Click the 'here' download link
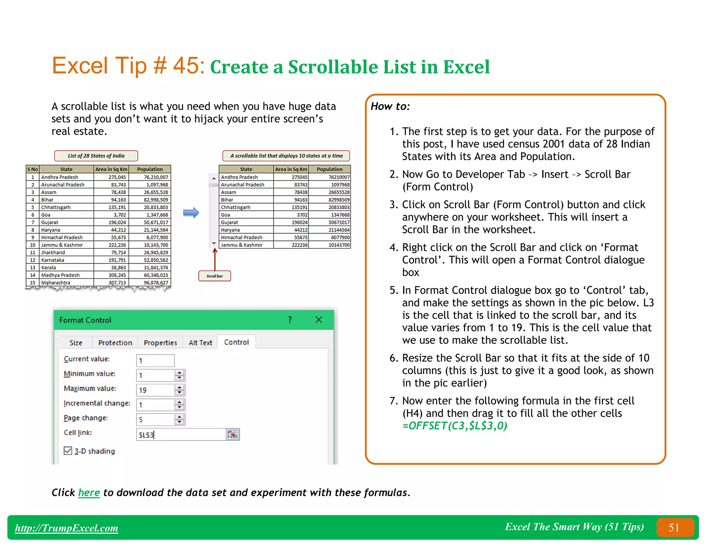[x=89, y=492]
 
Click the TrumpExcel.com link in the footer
[x=66, y=528]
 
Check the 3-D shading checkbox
[x=68, y=451]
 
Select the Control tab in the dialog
[x=236, y=342]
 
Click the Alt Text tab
[x=200, y=343]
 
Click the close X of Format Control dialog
[x=318, y=320]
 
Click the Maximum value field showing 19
[x=155, y=390]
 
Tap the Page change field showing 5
[x=155, y=419]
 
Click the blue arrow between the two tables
[x=191, y=212]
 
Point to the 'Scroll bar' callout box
[x=215, y=276]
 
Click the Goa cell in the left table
[x=66, y=215]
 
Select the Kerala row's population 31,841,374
[x=150, y=267]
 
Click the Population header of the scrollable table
[x=329, y=169]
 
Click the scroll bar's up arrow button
[x=214, y=178]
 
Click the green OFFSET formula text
[x=455, y=426]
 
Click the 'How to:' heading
[x=390, y=106]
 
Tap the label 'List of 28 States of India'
[x=96, y=156]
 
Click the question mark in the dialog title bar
[x=290, y=320]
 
